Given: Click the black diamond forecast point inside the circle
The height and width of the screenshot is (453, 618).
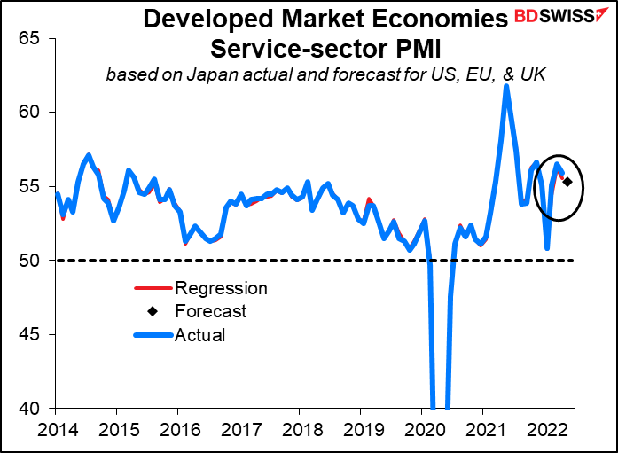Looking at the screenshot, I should (567, 183).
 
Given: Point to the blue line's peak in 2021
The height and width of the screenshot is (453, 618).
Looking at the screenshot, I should (505, 86).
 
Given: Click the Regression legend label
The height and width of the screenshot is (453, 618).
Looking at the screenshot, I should (221, 288).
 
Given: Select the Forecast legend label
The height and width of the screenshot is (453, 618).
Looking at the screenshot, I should (211, 312).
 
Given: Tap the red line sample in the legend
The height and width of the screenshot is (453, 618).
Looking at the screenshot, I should (152, 288).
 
